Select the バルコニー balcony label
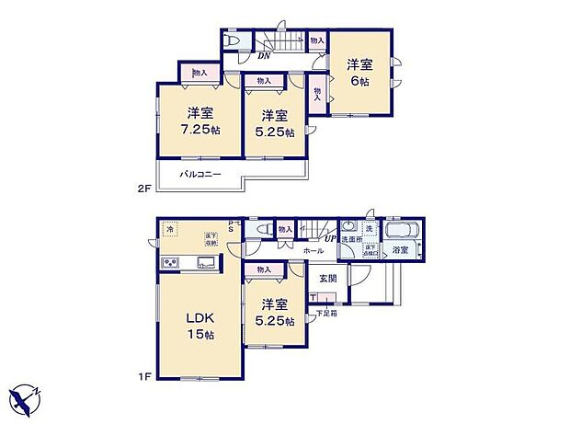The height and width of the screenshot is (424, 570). [x=199, y=173]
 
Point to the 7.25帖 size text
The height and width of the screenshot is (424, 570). [x=201, y=131]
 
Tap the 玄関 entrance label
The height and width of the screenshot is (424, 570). [x=328, y=277]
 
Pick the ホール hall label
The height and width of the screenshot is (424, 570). [x=312, y=250]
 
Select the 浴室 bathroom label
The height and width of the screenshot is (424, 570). [x=401, y=249]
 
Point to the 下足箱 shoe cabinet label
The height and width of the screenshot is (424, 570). [x=327, y=313]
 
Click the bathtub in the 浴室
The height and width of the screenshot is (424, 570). [x=401, y=230]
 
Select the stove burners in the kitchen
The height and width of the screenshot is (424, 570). [x=172, y=264]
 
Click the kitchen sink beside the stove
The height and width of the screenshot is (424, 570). [x=205, y=264]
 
